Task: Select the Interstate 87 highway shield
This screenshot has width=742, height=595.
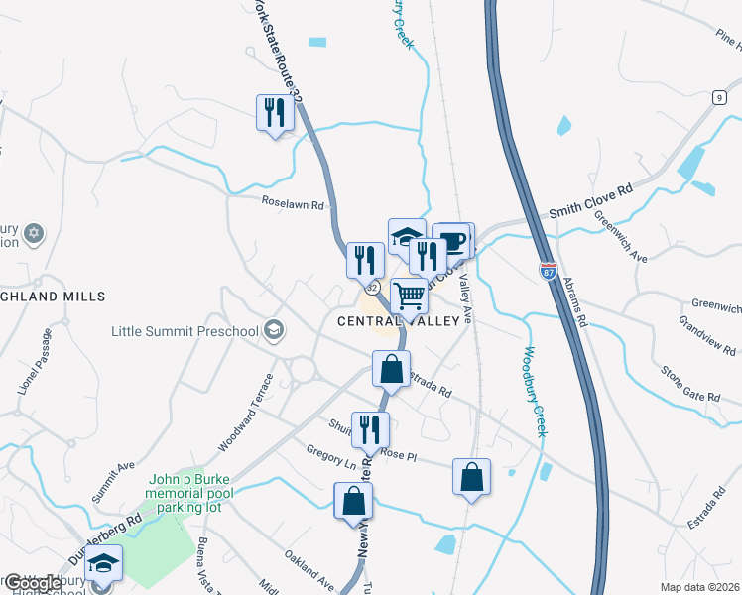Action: point(549,270)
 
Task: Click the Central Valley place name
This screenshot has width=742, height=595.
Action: point(399,321)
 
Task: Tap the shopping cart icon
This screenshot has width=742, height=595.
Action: point(410,296)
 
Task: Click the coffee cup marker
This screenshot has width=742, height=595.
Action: point(453,241)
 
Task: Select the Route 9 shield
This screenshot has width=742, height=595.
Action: point(717,96)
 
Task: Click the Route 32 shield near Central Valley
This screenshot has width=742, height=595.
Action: point(371,288)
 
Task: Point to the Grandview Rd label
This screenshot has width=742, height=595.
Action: point(707,336)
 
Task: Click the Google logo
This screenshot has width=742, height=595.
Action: point(32,583)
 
